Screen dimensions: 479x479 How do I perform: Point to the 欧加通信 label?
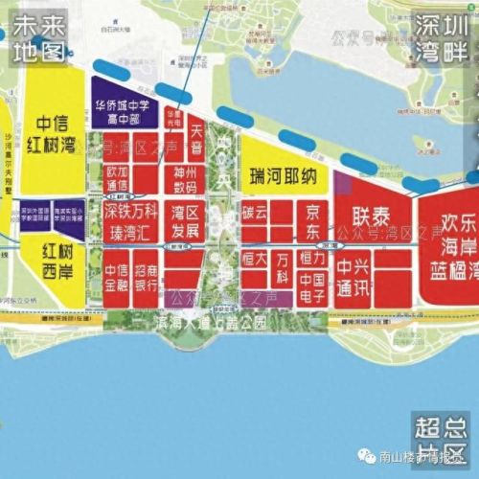(116, 178)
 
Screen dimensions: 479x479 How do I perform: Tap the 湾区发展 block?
(187, 219)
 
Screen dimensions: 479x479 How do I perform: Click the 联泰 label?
(370, 215)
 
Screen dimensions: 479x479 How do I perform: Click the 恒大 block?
(254, 260)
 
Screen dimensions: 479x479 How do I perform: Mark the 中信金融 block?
(116, 279)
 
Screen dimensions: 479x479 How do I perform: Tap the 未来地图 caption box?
(35, 34)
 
